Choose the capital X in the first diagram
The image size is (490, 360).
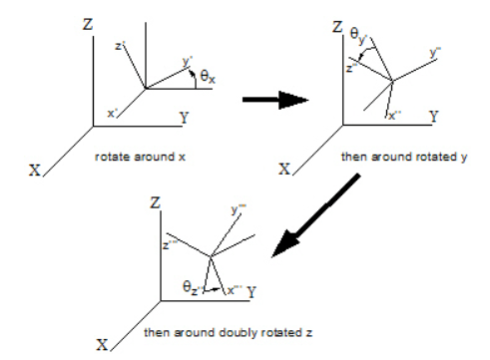pyautogui.click(x=36, y=171)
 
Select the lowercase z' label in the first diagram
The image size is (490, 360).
pyautogui.click(x=119, y=47)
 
